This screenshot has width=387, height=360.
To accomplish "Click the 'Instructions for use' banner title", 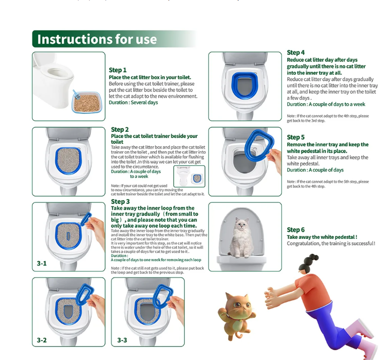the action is click(97, 39).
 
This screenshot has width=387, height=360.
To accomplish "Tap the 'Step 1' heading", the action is click(118, 70).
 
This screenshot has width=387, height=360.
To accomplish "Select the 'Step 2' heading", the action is click(120, 129).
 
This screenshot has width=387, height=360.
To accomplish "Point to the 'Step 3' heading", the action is click(120, 202).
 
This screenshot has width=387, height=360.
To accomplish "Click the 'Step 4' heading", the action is click(295, 52).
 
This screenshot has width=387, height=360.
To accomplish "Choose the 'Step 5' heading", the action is click(295, 137).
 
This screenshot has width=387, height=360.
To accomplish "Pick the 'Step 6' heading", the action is click(295, 230).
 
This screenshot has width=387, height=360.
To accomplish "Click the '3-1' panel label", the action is click(42, 264).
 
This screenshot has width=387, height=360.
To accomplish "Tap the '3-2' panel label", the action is click(42, 340).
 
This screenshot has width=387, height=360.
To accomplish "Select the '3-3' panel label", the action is click(122, 340).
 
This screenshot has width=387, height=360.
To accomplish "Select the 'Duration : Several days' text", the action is click(133, 102).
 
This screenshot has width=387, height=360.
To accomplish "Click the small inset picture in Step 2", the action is click(189, 176).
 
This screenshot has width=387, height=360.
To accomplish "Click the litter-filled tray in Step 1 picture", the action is click(87, 102).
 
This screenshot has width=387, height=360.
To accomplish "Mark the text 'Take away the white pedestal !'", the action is click(322, 237).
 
